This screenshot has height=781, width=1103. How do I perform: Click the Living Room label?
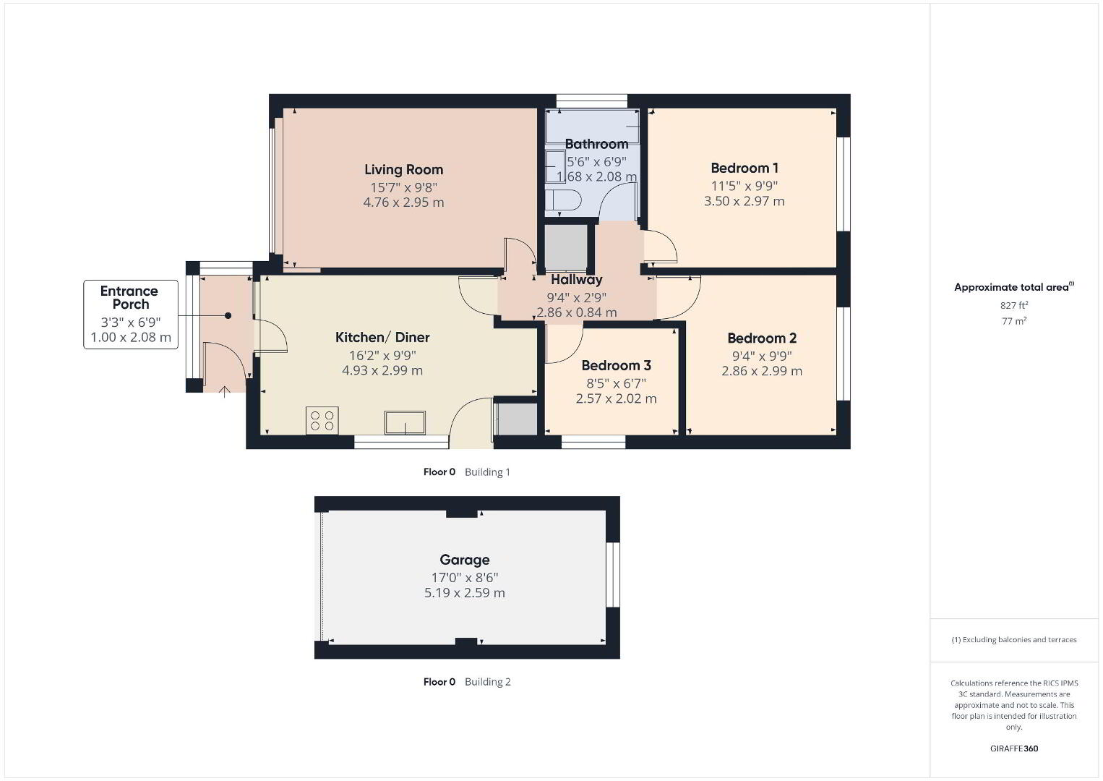[x=404, y=169]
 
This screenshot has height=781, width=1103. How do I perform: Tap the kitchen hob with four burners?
[x=322, y=420]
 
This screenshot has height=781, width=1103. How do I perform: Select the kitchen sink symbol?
[x=405, y=423]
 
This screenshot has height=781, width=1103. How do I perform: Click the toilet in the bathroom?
[x=563, y=200]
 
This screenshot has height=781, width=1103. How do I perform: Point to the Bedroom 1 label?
[x=744, y=168]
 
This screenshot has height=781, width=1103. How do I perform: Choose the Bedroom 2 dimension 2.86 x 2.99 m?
[x=762, y=370]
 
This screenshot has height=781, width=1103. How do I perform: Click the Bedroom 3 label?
[x=616, y=365]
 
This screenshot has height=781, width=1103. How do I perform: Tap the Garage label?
[x=464, y=560]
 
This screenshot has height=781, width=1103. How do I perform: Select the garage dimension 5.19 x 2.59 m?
[x=464, y=592]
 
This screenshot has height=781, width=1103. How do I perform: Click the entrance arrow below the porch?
[x=225, y=392]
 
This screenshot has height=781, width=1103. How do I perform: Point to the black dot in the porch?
[x=228, y=315]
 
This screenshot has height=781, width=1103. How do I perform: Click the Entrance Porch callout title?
[x=129, y=297]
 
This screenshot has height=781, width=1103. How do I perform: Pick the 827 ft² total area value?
[x=1014, y=305]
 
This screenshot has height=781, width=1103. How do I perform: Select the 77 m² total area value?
[x=1014, y=321]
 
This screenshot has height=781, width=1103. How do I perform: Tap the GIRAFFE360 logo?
[x=1014, y=748]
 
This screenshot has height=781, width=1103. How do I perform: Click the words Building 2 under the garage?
[x=487, y=681]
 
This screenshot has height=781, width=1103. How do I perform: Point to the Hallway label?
[x=576, y=279]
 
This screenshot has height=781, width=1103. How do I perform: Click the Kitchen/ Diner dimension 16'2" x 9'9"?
[x=382, y=355]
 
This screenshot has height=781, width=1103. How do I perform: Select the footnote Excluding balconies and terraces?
[x=1014, y=639]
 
